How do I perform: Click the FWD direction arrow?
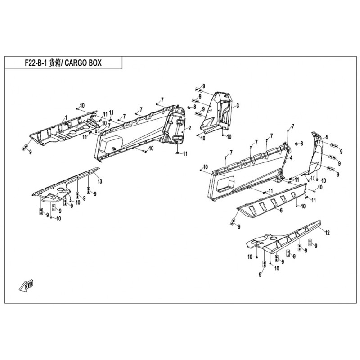click(27, 285)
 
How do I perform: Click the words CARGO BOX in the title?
click(83, 63)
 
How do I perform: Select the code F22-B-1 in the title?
click(36, 63)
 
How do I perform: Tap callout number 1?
click(66, 117)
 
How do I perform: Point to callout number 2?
click(189, 128)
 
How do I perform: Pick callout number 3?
click(238, 105)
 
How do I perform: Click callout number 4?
click(291, 158)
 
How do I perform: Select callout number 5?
click(327, 137)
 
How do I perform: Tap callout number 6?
click(281, 210)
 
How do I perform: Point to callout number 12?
click(328, 233)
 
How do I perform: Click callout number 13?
click(99, 181)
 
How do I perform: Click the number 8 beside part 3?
click(195, 107)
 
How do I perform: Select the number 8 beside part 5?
click(301, 144)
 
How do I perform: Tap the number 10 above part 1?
click(82, 105)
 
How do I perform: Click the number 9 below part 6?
click(239, 227)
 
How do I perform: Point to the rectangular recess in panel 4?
click(225, 184)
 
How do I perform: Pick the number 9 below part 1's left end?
click(30, 152)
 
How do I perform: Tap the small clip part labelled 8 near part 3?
click(189, 108)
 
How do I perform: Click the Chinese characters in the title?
click(54, 63)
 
